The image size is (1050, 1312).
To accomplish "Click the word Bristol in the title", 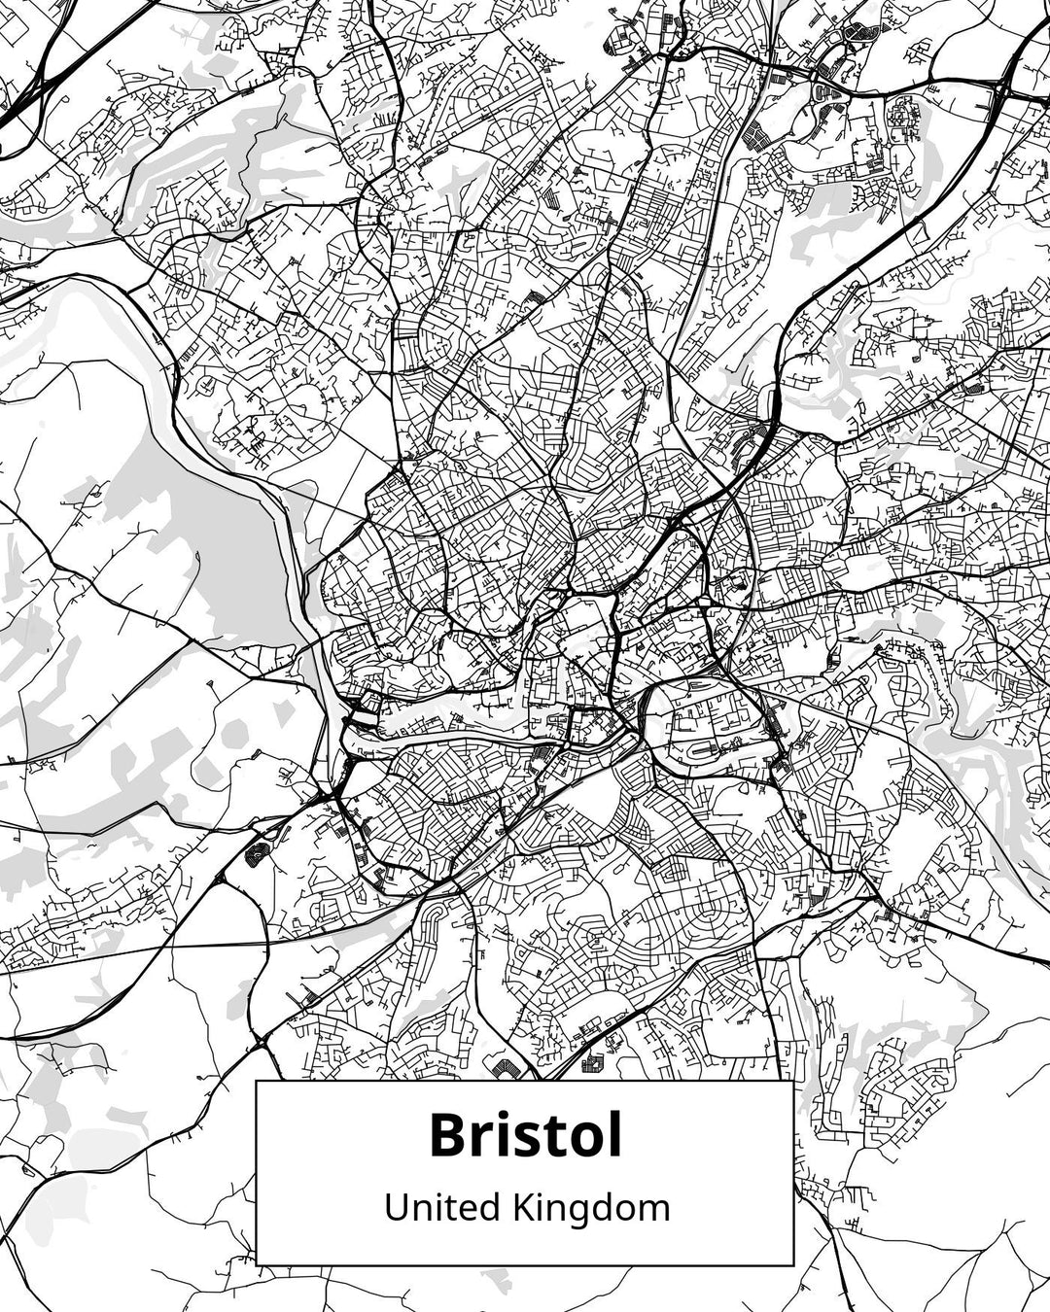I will click(525, 1135).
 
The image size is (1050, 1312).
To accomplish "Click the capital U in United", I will click(395, 1208).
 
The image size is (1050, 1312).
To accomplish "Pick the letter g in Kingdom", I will click(574, 1214).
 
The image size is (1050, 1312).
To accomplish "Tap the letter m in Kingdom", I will click(653, 1211).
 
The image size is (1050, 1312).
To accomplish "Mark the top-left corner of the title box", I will click(257, 1081).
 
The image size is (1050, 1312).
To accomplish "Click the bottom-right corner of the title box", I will click(793, 1264).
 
